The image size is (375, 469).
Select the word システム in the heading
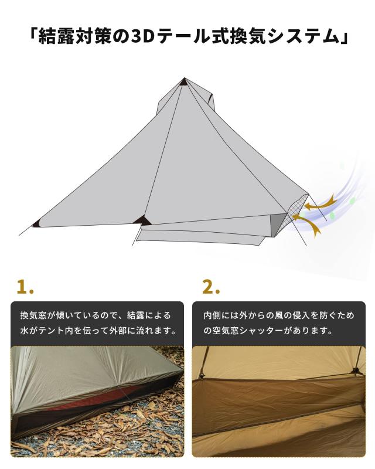coord(304,37)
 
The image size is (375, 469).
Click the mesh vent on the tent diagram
coord(296,205)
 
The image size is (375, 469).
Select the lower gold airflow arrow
coord(309,224)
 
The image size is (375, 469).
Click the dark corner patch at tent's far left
coord(36,223)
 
